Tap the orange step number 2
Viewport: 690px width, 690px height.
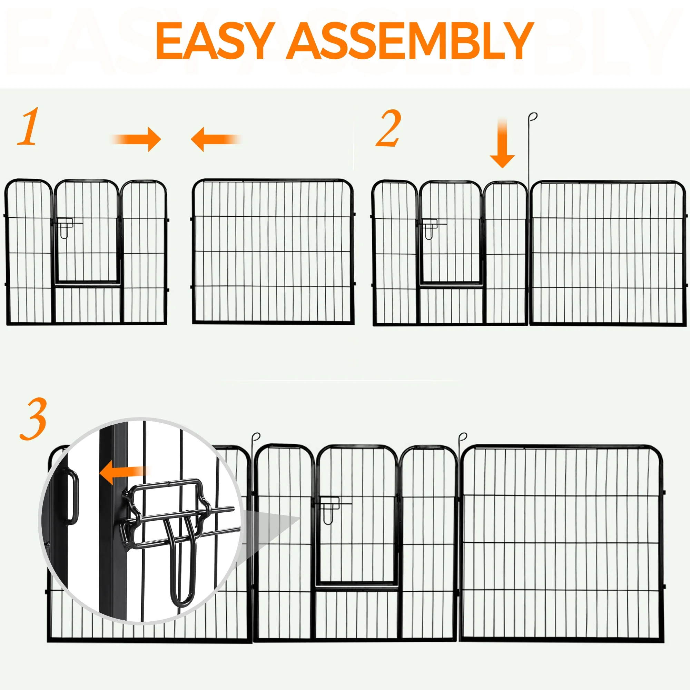coord(388,129)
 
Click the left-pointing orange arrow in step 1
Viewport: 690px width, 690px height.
coord(216,139)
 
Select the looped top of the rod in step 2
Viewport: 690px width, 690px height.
coord(533,117)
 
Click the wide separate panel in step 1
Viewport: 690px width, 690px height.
coord(273,252)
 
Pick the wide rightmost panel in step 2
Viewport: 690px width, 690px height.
coord(608,253)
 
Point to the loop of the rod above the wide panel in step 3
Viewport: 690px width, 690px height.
coord(463,437)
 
